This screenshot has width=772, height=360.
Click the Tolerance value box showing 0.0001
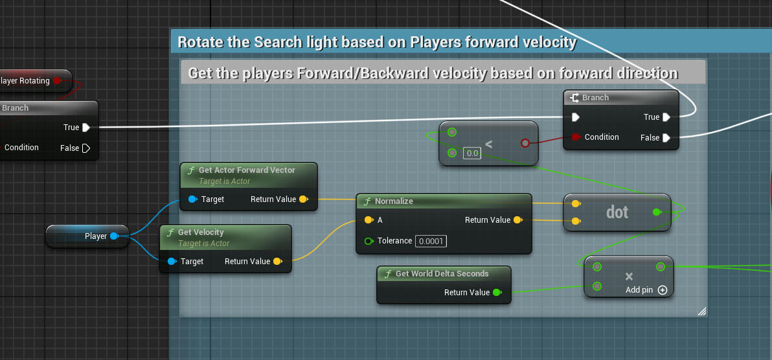click(431, 241)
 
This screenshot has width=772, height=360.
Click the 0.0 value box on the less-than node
click(472, 153)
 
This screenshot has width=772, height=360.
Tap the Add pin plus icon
click(663, 290)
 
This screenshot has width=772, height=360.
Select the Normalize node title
click(394, 201)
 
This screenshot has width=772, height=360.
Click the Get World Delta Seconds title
click(442, 274)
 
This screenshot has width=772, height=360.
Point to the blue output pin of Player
click(114, 236)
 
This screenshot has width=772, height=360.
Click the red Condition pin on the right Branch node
click(575, 137)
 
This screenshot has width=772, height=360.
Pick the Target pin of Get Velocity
click(172, 262)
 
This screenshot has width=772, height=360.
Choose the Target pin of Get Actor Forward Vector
click(192, 199)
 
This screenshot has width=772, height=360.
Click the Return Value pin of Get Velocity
click(277, 262)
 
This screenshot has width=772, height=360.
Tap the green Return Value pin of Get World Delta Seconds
click(497, 293)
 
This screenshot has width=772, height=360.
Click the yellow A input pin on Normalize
click(369, 220)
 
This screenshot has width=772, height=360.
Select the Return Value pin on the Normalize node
click(517, 220)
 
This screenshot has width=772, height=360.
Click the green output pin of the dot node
click(657, 212)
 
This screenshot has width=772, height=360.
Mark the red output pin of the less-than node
click(525, 143)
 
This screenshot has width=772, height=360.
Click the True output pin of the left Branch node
click(85, 128)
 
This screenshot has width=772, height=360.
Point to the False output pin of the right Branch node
click(666, 138)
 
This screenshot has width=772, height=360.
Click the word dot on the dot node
click(617, 212)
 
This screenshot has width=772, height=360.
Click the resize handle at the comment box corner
click(701, 312)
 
